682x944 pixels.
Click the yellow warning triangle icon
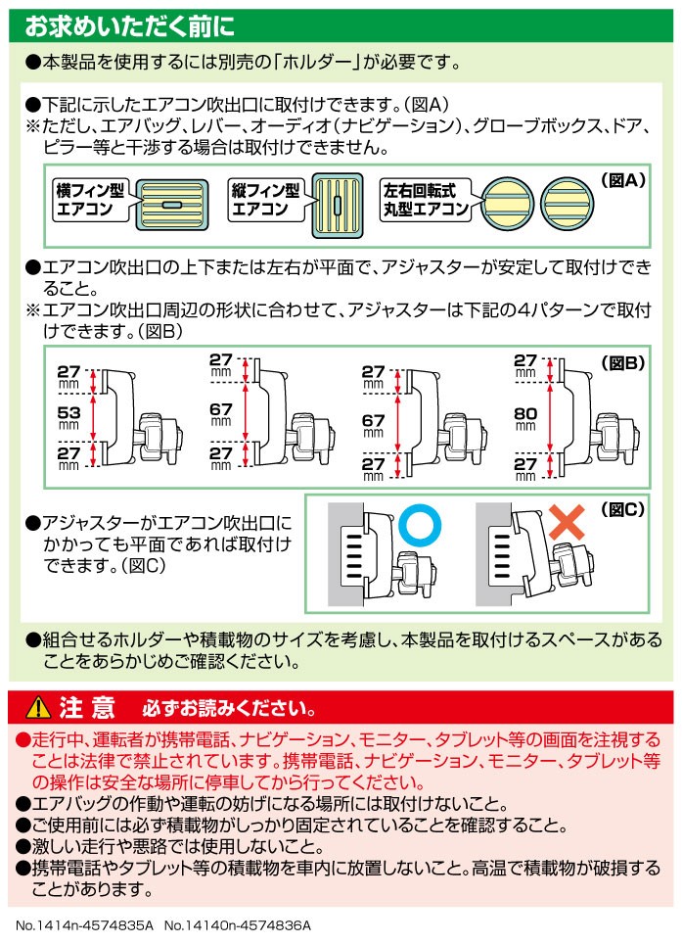coord(38,707)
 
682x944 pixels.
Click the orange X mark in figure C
coord(567,522)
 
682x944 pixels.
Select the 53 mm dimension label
coord(68,416)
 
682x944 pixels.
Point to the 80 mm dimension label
coord(525,418)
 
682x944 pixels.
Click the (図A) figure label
coord(623,180)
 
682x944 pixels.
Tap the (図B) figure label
coord(623,363)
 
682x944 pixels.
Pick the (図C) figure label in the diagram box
coord(623,510)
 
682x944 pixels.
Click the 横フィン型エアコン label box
coord(91,200)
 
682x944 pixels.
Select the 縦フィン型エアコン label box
coord(266,200)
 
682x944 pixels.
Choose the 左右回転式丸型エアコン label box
coord(426,200)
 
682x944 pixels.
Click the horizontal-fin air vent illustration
coord(172,205)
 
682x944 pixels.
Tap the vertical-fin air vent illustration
coord(338,205)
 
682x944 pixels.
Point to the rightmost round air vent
coord(566,204)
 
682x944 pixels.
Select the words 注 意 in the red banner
coord(87,707)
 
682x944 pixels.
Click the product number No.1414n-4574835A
coord(85,925)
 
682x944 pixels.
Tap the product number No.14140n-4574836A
coord(238,925)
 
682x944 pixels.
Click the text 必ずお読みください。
coord(229,709)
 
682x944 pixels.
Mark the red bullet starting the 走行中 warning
coord(23,738)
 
